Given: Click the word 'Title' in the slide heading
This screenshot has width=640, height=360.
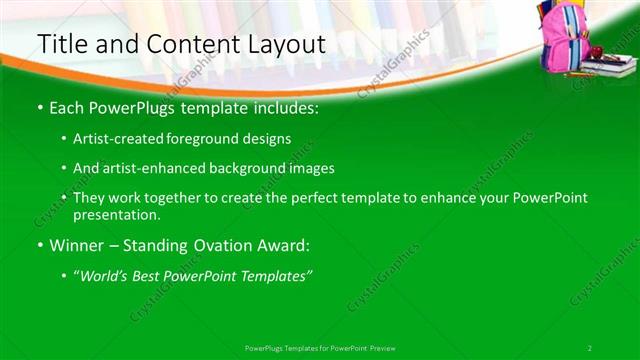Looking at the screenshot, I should [x=60, y=44].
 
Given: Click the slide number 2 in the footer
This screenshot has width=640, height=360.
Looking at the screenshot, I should [x=590, y=347].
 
